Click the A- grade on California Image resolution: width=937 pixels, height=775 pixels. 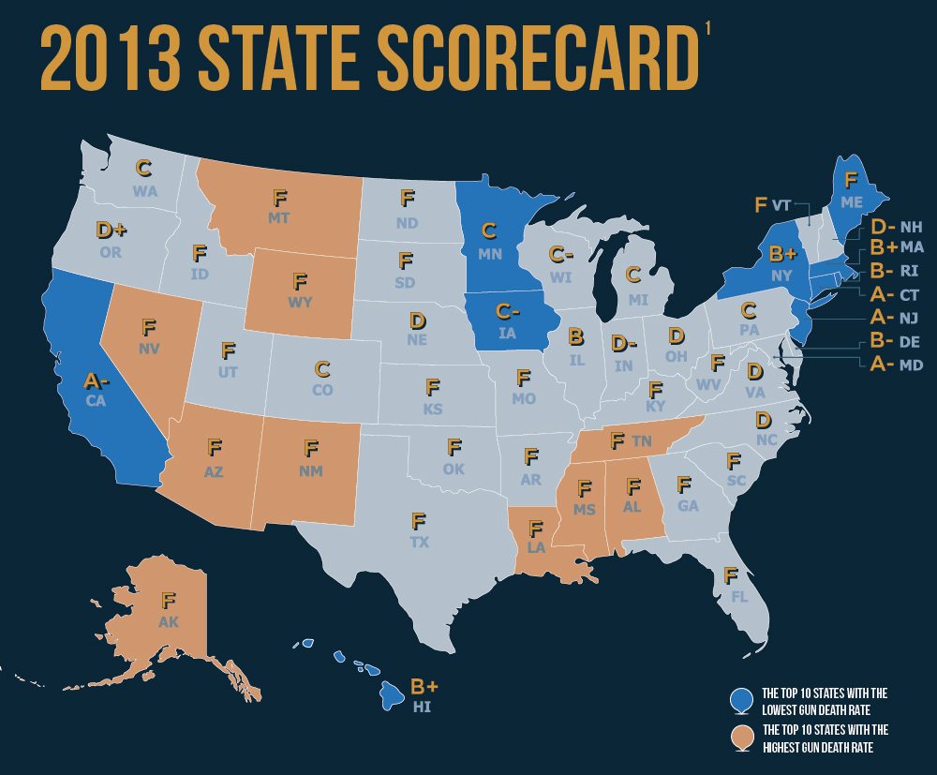click(x=97, y=380)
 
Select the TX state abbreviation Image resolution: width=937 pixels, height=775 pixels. click(x=420, y=543)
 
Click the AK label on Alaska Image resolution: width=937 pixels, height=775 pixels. click(x=169, y=622)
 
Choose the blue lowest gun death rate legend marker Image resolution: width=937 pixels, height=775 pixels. click(x=741, y=699)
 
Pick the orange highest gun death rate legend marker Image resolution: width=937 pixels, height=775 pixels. click(x=741, y=737)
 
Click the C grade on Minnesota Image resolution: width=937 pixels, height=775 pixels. click(x=488, y=231)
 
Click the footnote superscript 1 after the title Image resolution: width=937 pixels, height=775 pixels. click(x=708, y=29)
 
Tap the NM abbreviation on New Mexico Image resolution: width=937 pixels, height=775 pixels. click(x=311, y=471)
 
